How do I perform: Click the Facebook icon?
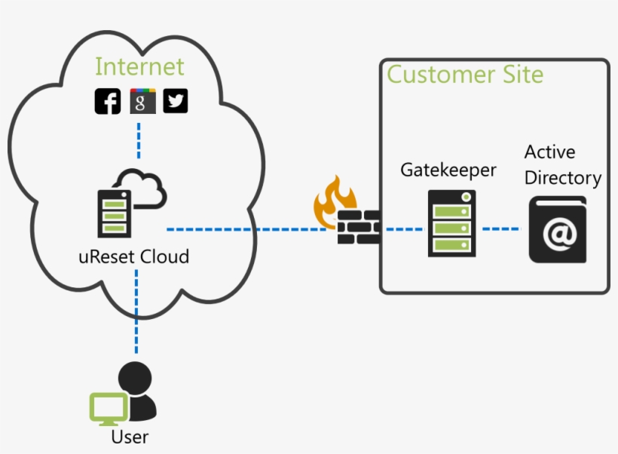click(x=108, y=101)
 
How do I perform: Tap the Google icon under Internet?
click(x=142, y=101)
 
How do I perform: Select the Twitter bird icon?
click(x=176, y=101)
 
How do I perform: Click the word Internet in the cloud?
click(x=139, y=66)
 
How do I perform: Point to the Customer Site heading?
click(x=465, y=75)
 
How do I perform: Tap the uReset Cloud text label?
click(x=133, y=256)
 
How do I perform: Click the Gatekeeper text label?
click(x=448, y=170)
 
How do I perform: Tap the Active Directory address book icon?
click(x=557, y=230)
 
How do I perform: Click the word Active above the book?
click(x=549, y=152)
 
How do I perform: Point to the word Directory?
click(x=562, y=178)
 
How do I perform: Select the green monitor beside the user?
click(x=109, y=408)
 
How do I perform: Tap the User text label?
click(x=130, y=436)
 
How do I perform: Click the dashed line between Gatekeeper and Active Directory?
click(x=501, y=228)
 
